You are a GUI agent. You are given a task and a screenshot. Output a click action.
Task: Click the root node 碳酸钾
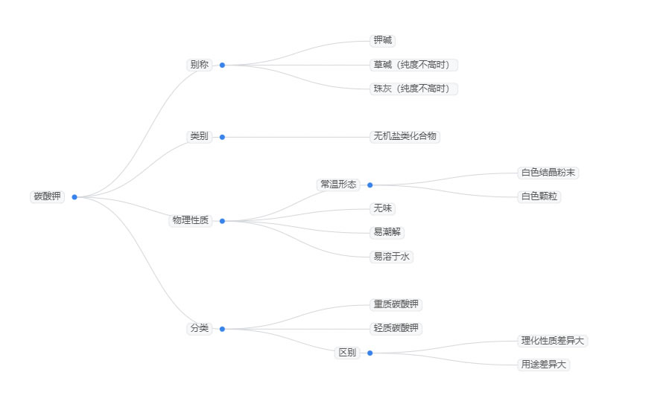point(48,197)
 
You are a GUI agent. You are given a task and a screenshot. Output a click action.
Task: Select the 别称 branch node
point(199,65)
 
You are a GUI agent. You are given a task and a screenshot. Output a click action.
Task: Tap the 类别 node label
point(199,137)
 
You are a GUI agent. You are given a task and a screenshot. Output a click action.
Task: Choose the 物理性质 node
point(191,221)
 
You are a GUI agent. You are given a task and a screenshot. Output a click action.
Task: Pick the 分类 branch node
point(199,329)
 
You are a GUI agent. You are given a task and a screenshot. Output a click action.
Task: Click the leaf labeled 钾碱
point(382,41)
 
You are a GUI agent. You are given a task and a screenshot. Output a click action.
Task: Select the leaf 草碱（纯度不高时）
point(413,65)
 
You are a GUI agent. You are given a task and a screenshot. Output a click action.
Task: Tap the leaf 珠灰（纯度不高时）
point(413,89)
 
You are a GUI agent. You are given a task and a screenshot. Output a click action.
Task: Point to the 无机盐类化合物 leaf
point(405,137)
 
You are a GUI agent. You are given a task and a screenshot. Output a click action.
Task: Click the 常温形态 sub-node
point(338,185)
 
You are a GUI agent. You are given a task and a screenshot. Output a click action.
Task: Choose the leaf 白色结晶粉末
point(548,173)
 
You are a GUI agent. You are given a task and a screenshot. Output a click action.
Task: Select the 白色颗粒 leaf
point(540,197)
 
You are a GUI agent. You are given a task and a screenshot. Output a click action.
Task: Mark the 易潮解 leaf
point(387,233)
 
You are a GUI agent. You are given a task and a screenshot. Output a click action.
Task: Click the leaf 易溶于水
point(392,257)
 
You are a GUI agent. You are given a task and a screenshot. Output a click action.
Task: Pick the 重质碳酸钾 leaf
point(396,304)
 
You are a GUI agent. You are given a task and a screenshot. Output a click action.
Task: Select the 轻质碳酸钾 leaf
point(396,329)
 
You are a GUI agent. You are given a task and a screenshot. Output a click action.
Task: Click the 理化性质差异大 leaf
point(554,341)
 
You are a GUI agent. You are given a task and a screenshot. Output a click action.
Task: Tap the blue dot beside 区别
point(370,353)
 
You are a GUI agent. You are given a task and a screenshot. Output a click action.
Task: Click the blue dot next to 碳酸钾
point(74,197)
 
